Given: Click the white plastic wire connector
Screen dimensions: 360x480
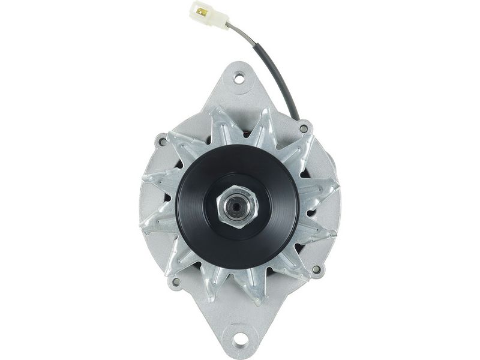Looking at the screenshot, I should pos(209,15).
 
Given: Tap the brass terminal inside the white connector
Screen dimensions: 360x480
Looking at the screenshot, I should pos(201,10).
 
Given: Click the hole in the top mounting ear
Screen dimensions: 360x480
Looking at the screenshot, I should pos(239,77).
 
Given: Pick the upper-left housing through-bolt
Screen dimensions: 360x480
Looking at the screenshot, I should pos(162,142).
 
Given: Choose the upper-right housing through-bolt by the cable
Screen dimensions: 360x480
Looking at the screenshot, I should pos(304,128).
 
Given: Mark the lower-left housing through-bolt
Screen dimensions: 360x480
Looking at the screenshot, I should pos(176,281).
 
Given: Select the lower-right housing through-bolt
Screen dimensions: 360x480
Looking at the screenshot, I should pos(316,269).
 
